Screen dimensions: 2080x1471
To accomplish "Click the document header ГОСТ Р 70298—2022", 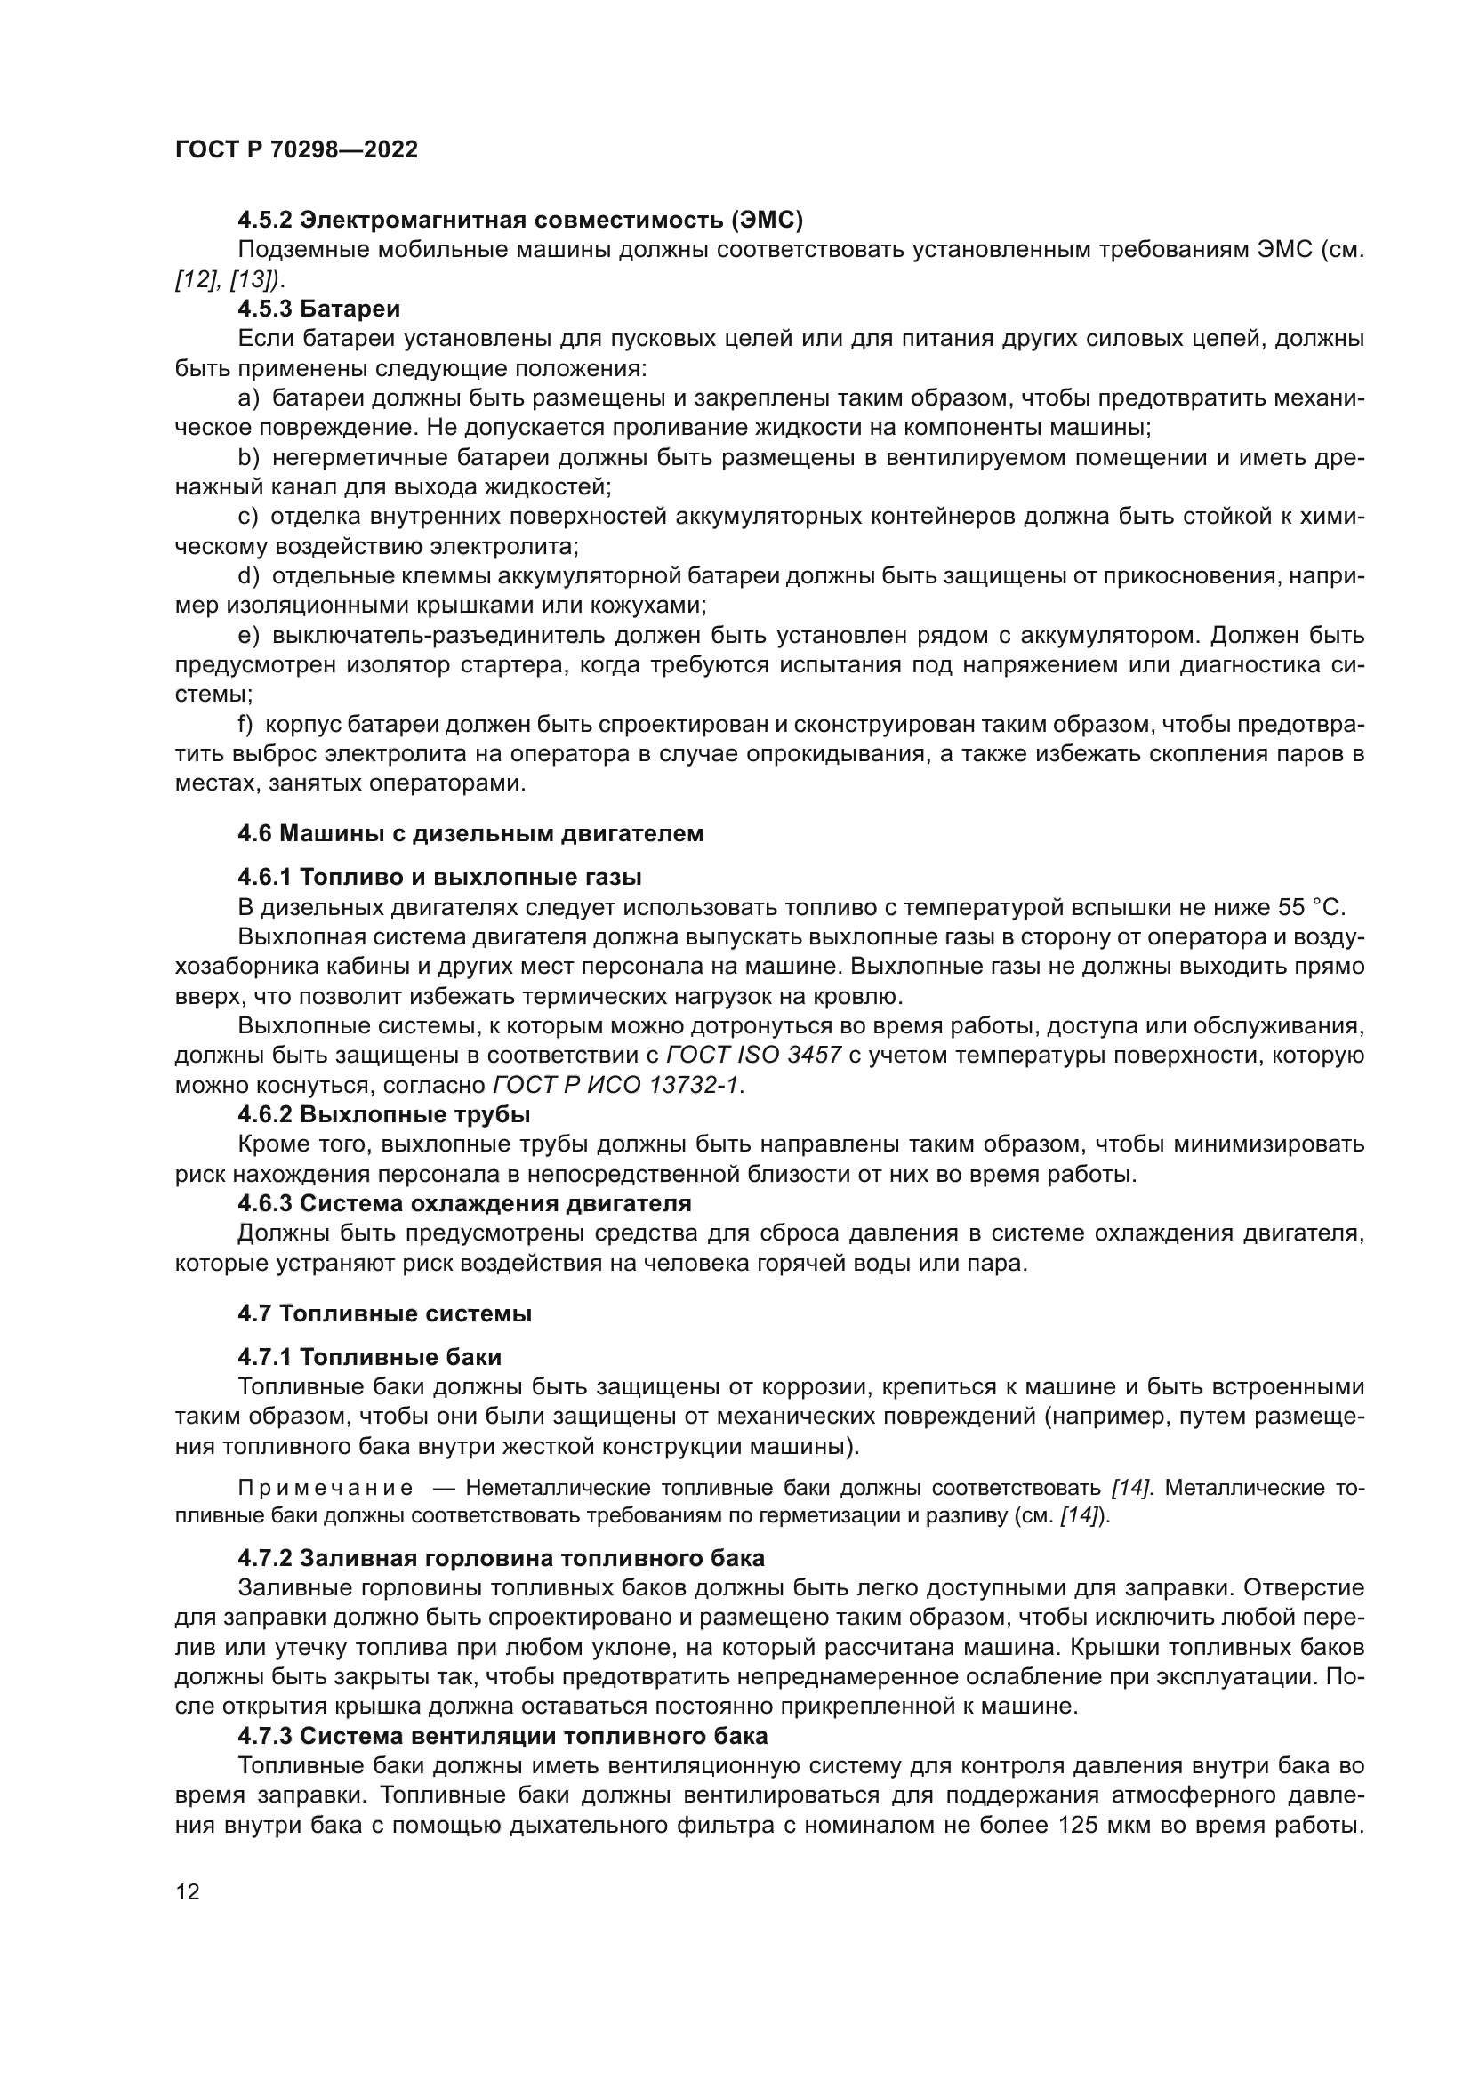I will [x=296, y=150].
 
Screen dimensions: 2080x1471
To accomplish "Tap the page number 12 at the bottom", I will [x=188, y=1891].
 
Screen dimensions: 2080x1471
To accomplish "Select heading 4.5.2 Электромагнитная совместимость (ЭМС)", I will [x=520, y=221].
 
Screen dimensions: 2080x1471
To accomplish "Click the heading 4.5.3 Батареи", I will [x=319, y=309].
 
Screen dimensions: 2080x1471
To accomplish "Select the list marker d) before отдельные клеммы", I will [x=248, y=576].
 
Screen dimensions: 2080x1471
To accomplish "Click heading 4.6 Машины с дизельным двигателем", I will [x=470, y=833].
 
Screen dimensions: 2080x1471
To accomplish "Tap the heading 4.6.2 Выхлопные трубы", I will [x=384, y=1114].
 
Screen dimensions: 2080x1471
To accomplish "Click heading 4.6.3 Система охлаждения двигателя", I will [x=463, y=1204].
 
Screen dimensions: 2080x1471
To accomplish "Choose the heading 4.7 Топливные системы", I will [x=384, y=1313].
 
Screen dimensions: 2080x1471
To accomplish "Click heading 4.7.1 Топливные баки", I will [x=370, y=1357].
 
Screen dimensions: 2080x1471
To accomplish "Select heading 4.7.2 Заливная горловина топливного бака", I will [x=501, y=1558].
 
